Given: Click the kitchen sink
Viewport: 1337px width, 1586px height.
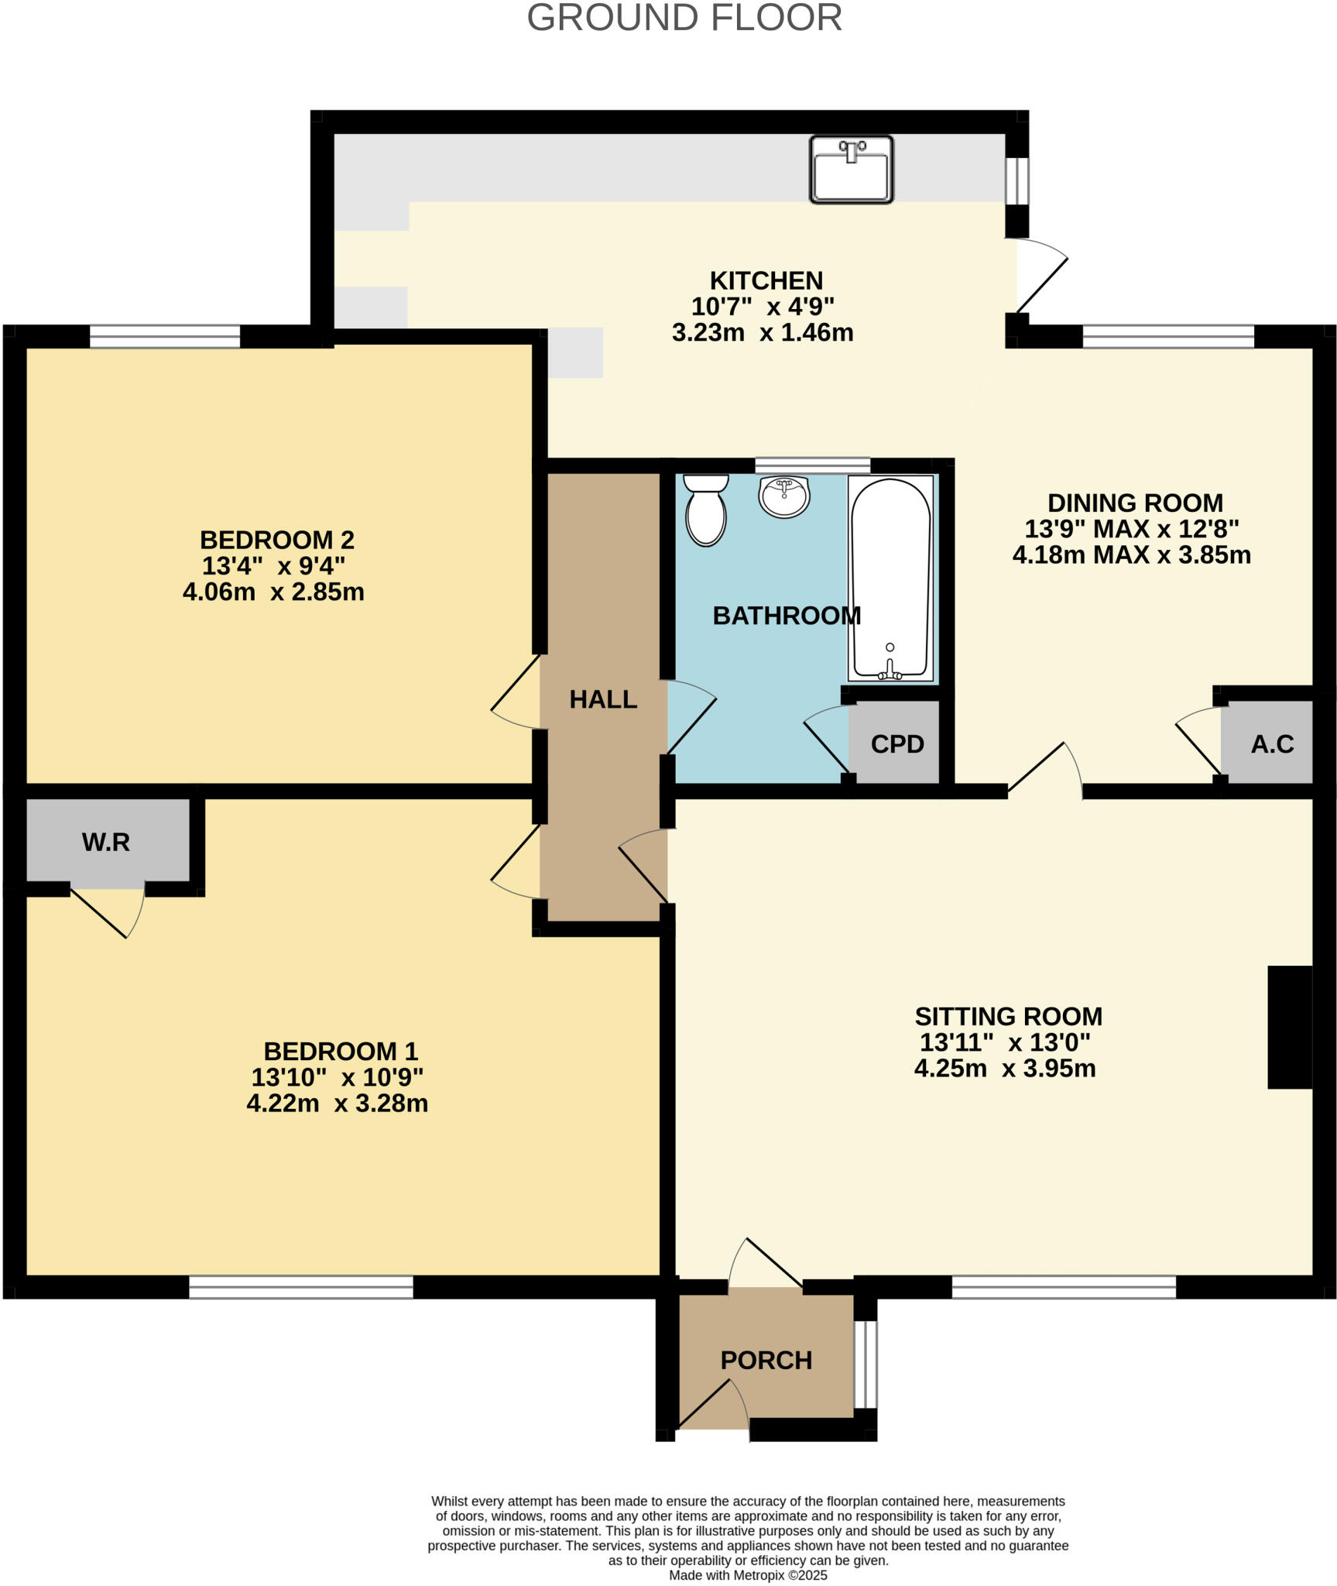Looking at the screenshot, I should pos(851,170).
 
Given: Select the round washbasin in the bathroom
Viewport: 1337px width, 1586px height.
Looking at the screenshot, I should pos(783,496).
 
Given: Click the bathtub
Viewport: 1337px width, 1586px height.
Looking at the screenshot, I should pos(890,578).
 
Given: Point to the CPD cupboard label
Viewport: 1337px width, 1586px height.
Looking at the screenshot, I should pos(897,744).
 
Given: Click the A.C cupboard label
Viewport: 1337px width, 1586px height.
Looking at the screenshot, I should pos(1272,744).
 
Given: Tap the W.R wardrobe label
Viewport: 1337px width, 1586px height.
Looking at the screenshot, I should pos(106,843).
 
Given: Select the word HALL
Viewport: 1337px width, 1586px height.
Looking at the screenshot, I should pos(603,699).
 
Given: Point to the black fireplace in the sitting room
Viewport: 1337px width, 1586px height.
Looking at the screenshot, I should pos(1289,1027).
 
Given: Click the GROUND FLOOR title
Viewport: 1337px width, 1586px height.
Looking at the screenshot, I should pos(684,19).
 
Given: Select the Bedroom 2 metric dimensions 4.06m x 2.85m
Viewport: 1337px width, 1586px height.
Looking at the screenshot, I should pos(273,592).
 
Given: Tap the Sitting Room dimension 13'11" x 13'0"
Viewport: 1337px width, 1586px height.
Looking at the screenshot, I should pos(1005,1042).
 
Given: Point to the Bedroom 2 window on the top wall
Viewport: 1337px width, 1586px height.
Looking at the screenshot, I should pos(164,337).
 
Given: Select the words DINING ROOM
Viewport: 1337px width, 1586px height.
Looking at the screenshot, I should pos(1135,503).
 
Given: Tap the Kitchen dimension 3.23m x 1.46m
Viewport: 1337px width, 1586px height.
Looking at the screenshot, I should pos(763,333).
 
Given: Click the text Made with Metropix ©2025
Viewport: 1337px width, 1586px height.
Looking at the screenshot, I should pos(748,1575).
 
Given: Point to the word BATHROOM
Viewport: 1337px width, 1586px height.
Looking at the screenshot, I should pos(787,616).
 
